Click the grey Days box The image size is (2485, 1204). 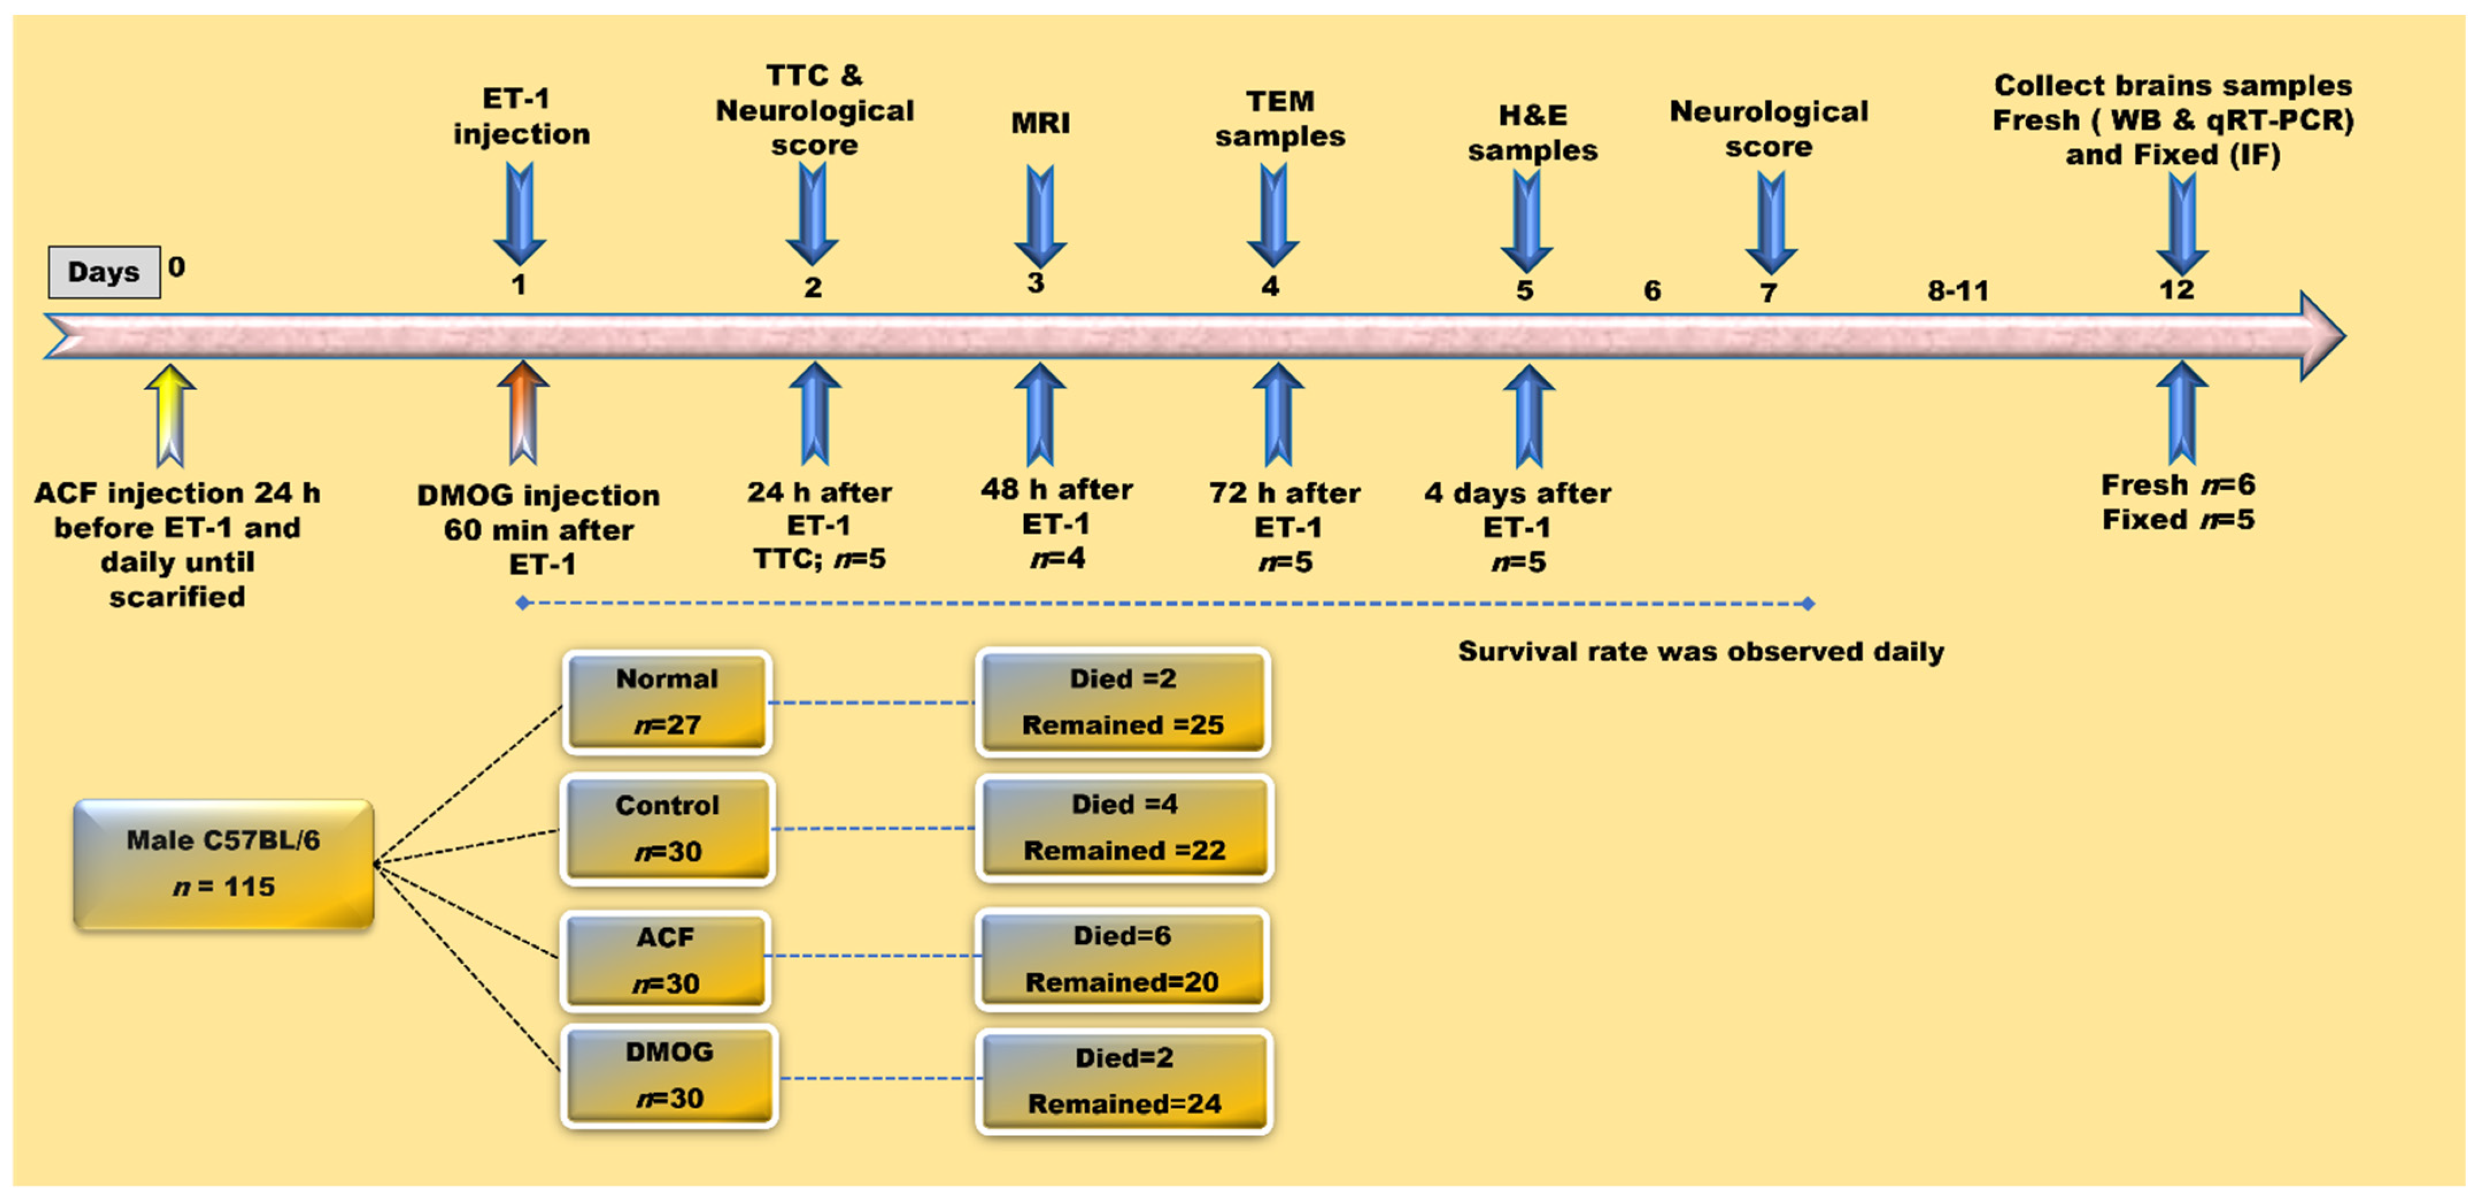[104, 272]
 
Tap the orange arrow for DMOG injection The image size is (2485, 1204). [523, 413]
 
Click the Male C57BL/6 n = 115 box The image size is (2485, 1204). [224, 863]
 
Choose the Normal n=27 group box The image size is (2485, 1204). [667, 701]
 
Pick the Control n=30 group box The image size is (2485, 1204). [667, 829]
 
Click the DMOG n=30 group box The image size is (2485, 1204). [669, 1076]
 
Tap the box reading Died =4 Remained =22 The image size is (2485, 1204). [1125, 828]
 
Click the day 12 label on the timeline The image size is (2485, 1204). [2177, 290]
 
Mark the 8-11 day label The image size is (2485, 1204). [1958, 290]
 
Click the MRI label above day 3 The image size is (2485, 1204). [1040, 124]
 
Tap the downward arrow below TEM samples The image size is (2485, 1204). [1274, 215]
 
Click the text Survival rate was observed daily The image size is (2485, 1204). [1701, 651]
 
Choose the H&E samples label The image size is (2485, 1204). [1533, 133]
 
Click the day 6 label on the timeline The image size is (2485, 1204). [1653, 290]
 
